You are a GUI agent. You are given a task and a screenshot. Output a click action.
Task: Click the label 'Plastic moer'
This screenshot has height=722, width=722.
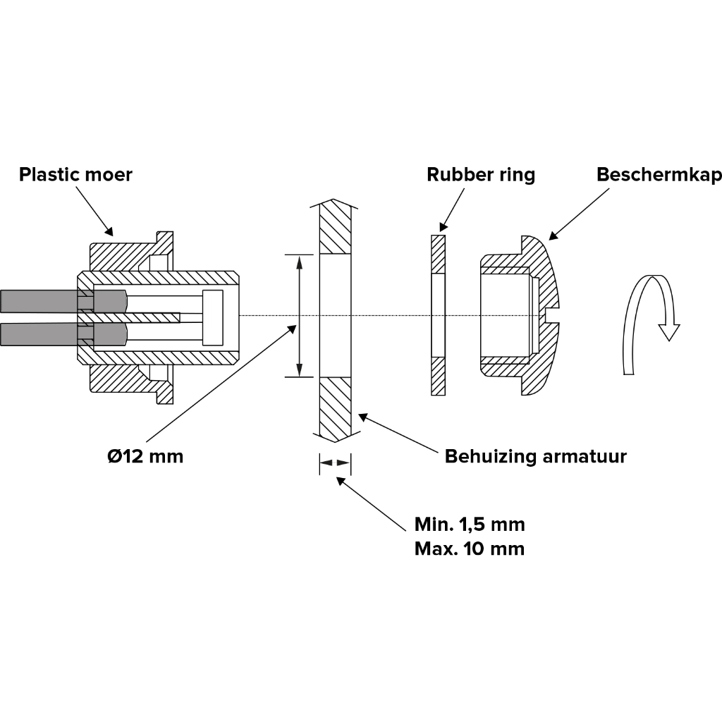(75, 174)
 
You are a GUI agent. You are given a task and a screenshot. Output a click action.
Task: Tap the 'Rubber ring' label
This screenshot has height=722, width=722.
(480, 174)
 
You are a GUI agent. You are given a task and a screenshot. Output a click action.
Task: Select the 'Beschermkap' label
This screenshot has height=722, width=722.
(659, 174)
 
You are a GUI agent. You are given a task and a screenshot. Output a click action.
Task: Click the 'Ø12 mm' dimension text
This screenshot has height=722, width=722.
(145, 456)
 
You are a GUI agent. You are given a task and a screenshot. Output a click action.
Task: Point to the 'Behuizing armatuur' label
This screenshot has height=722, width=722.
(535, 456)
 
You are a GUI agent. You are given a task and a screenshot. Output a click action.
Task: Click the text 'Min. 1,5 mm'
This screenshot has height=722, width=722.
(470, 525)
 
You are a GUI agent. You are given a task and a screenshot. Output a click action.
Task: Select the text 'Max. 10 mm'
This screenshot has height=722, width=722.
(470, 549)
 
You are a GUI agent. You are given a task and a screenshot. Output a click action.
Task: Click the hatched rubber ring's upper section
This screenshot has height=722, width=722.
(439, 254)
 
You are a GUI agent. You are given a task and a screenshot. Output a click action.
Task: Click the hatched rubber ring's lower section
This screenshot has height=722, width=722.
(439, 377)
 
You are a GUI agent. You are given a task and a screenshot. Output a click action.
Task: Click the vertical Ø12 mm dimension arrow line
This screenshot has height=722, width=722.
(300, 315)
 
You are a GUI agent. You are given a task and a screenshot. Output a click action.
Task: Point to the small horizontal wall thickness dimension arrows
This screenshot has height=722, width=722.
(335, 463)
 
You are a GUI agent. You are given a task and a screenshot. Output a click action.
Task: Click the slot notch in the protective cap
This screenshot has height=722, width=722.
(552, 314)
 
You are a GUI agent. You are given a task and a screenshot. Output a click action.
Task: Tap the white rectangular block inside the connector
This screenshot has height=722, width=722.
(212, 317)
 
